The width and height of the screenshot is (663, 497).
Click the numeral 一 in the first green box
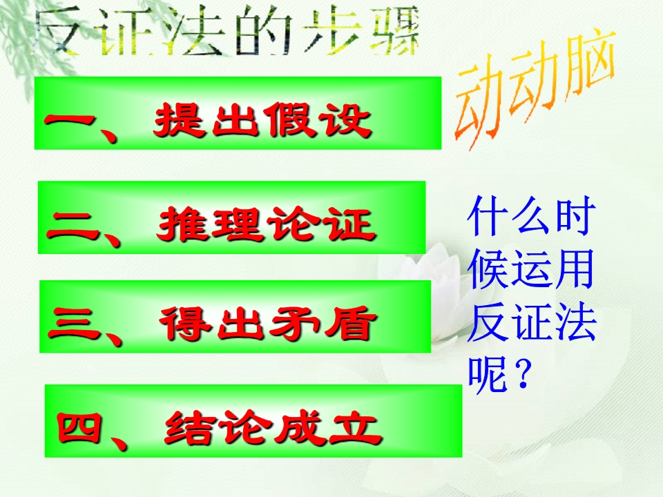[x=70, y=120]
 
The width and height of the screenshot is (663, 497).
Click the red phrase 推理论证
[x=267, y=224]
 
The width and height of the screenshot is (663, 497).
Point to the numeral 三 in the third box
[x=75, y=323]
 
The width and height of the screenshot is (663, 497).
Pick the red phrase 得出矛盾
[x=268, y=323]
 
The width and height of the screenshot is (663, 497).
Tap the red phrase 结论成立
[x=273, y=428]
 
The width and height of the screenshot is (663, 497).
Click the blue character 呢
[x=488, y=375]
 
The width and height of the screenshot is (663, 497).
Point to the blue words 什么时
[x=532, y=215]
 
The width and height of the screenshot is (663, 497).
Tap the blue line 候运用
[x=531, y=269]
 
